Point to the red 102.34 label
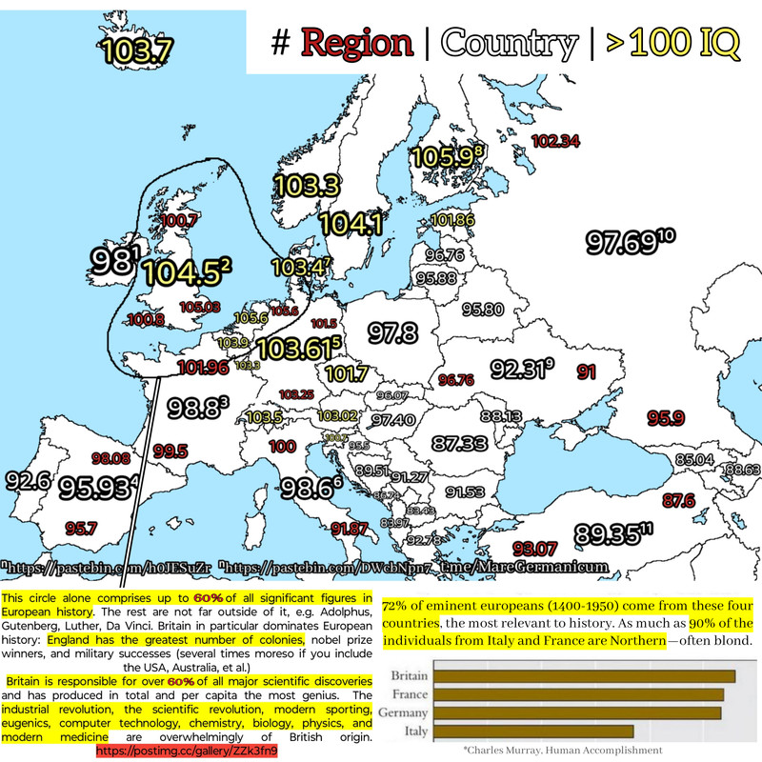555,141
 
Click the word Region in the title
357,43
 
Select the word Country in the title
510,43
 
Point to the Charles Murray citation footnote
562,751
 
